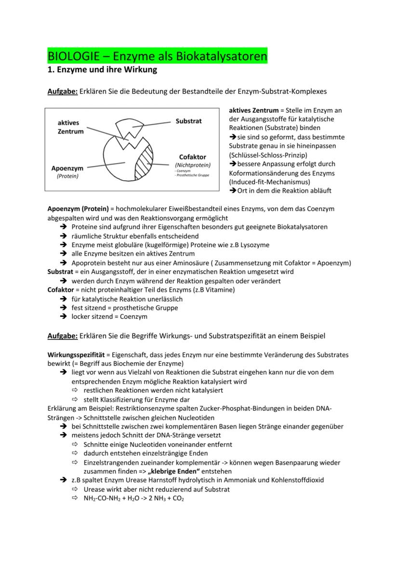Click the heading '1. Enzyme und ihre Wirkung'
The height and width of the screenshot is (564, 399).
(x=102, y=70)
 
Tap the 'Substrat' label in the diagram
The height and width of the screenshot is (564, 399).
(x=188, y=121)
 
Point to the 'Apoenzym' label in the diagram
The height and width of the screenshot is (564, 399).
(x=67, y=168)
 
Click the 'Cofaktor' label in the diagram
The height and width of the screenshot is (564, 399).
(x=192, y=157)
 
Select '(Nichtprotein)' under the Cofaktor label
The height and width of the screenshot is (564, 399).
(x=192, y=165)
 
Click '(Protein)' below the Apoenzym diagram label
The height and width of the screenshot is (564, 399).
(x=67, y=176)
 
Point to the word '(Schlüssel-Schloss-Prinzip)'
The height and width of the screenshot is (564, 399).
(x=268, y=155)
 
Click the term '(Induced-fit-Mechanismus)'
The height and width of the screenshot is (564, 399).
(x=269, y=182)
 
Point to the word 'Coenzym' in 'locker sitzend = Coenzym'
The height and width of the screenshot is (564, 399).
(x=134, y=316)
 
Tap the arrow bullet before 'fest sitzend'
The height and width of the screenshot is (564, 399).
(x=63, y=308)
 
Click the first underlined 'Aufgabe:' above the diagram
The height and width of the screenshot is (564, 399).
(x=62, y=91)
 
